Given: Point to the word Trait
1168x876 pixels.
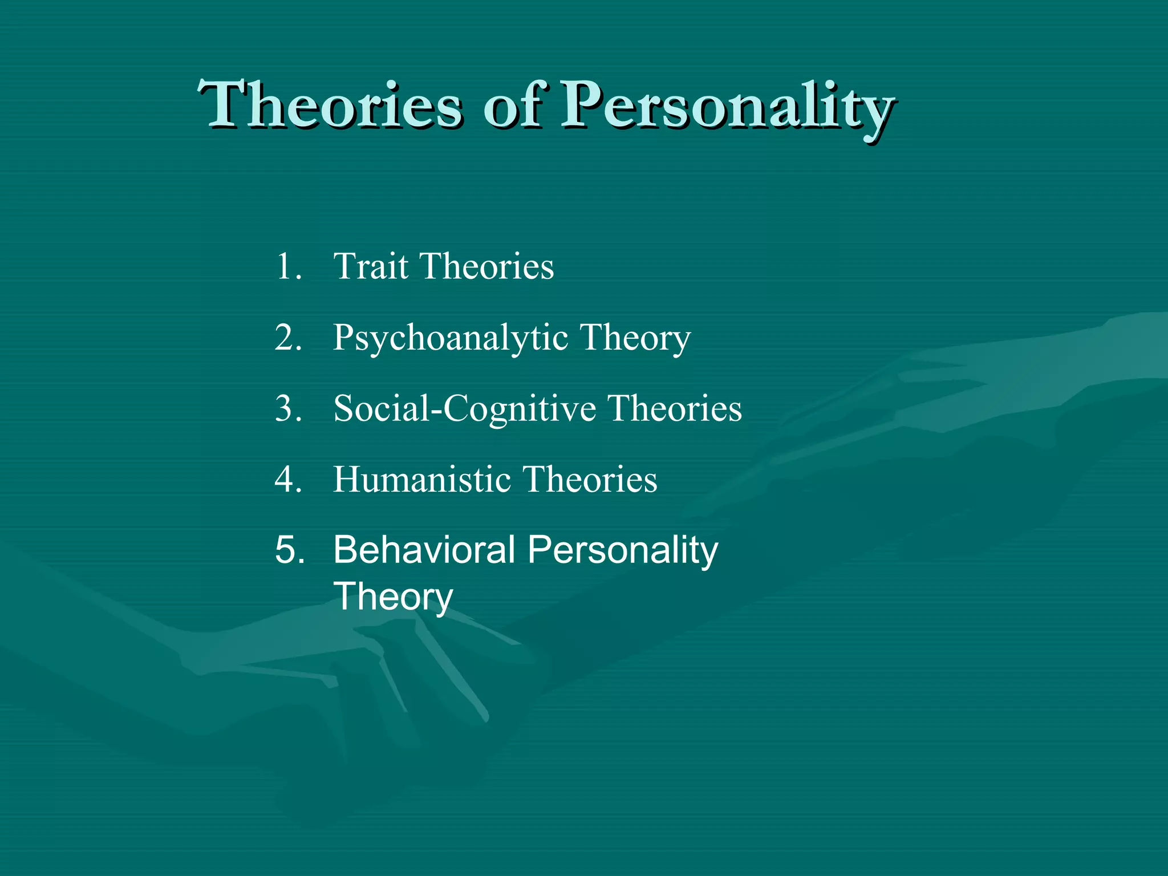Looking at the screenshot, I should (x=371, y=266).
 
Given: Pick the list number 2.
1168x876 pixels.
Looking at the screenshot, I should (x=287, y=337).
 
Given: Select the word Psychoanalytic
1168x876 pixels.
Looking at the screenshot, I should (x=451, y=338).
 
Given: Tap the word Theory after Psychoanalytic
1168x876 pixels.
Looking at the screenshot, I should (x=635, y=338).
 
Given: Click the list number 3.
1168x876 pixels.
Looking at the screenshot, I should (x=287, y=408).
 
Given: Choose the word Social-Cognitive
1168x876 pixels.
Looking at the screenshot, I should (x=464, y=409).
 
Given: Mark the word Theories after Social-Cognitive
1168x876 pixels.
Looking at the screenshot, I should (x=674, y=408).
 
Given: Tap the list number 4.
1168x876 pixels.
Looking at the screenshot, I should (x=287, y=479).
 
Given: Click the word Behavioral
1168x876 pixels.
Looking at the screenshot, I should (x=424, y=550).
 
